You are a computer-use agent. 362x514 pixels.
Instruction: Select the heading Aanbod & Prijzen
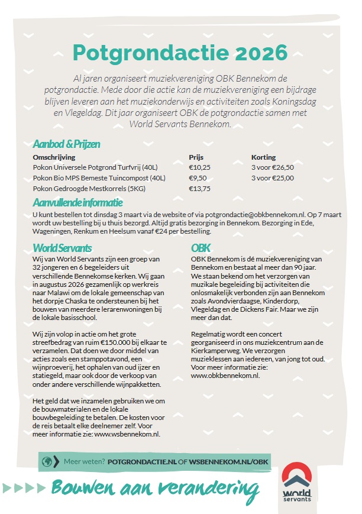[x=66, y=144]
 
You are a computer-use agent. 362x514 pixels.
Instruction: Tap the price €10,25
[x=199, y=167]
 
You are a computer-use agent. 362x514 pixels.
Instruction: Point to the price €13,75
[x=199, y=189]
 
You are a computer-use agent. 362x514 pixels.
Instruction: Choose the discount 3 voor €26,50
[x=273, y=167]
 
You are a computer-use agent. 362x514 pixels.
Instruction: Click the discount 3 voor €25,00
[x=273, y=178]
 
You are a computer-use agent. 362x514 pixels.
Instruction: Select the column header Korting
[x=264, y=157]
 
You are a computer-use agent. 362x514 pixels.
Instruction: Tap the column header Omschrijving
[x=54, y=157]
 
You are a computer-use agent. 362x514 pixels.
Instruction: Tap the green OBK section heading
[x=201, y=248]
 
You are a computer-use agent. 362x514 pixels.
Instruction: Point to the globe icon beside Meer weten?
[x=46, y=461]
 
